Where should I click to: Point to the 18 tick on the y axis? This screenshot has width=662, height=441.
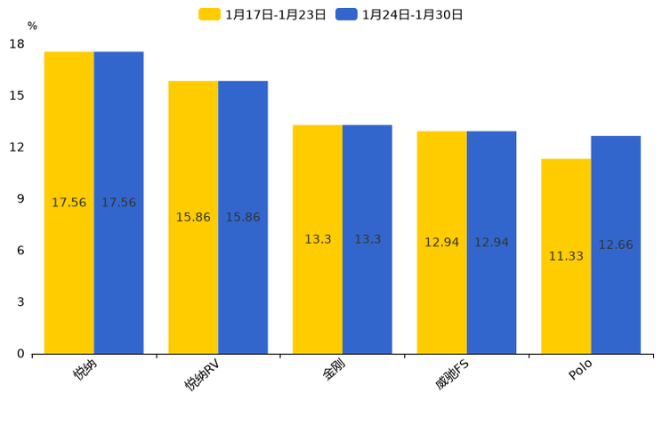point(17,44)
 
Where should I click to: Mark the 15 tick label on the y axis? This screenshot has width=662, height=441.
point(17,95)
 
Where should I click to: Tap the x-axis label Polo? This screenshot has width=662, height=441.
point(580,370)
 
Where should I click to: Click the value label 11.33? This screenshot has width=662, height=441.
point(566,256)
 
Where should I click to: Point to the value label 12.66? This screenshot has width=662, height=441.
point(616,245)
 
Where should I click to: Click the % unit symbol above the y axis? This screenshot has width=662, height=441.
point(32,26)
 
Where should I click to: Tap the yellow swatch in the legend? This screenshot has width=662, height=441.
point(209,14)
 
